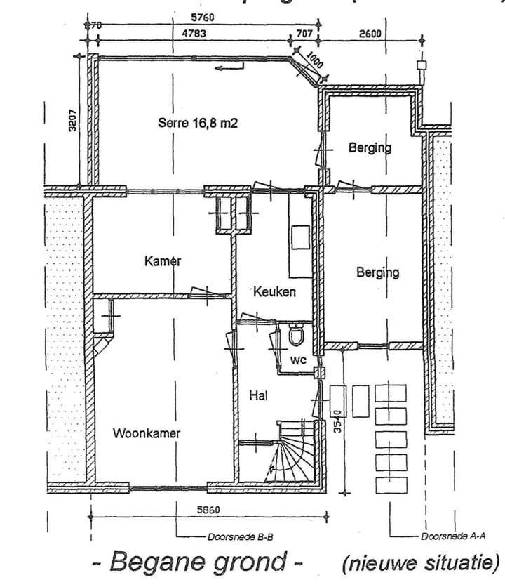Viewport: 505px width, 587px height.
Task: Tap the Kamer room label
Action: click(x=163, y=261)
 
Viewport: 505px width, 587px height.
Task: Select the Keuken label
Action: click(x=275, y=291)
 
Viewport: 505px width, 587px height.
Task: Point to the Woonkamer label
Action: click(x=146, y=433)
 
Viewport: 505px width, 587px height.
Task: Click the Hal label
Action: click(x=259, y=395)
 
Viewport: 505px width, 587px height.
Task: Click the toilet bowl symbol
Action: click(x=296, y=336)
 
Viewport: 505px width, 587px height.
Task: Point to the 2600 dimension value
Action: click(x=372, y=32)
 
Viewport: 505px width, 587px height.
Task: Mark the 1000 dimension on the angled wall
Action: click(x=315, y=60)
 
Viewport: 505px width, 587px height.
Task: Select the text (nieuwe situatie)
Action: click(x=421, y=562)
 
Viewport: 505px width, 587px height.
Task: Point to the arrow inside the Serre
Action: click(x=230, y=68)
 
